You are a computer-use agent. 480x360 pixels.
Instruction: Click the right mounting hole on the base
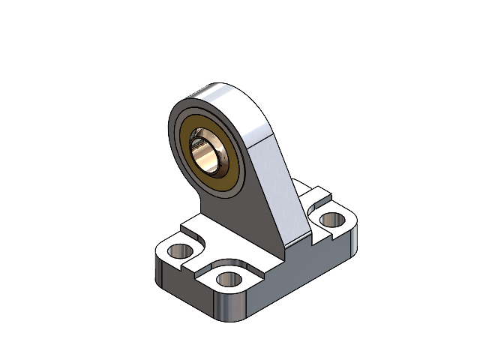tap(330, 220)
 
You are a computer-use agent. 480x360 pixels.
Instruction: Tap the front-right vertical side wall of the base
tap(300, 277)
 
